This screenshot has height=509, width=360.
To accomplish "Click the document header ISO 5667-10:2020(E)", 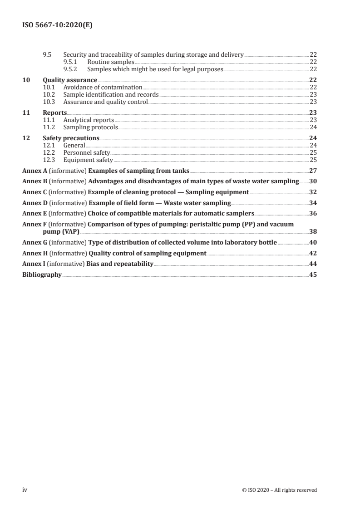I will click(x=58, y=26).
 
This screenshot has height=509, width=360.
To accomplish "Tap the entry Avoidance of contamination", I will click(x=103, y=87).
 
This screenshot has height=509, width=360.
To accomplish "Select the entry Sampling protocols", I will click(x=90, y=127).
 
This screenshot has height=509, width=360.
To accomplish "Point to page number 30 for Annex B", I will click(x=312, y=181).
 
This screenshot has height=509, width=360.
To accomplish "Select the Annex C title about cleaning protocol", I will click(x=168, y=192).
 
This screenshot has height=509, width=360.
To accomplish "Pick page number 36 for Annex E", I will click(x=312, y=213).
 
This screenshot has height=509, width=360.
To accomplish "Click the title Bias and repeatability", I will click(x=120, y=264).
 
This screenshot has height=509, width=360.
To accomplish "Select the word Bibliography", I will click(x=42, y=274).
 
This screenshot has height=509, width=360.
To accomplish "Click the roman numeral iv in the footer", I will click(x=25, y=489).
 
